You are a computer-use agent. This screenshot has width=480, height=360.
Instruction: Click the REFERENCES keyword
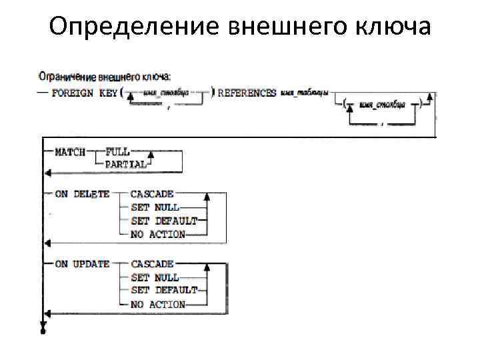(247, 93)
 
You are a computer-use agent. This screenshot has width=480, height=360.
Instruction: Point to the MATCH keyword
(70, 152)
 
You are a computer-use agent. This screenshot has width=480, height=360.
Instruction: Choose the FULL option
(117, 151)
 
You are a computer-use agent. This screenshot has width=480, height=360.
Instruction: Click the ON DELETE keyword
(82, 194)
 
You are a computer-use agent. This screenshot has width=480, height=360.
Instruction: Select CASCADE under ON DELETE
(152, 194)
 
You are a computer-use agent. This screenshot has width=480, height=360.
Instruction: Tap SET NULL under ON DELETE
(155, 207)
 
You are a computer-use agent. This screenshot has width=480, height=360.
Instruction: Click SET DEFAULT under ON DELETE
(164, 221)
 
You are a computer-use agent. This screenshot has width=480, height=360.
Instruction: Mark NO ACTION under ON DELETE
(158, 234)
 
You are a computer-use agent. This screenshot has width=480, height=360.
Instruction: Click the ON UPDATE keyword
(82, 264)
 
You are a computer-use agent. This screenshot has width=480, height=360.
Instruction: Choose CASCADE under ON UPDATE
(152, 264)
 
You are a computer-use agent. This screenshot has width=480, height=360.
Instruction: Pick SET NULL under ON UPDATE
(155, 277)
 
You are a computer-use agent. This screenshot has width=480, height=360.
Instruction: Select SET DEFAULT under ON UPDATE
(164, 291)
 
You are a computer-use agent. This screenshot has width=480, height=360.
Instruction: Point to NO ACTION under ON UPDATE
(158, 304)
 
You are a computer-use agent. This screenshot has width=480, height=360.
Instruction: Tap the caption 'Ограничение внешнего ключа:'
(105, 77)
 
